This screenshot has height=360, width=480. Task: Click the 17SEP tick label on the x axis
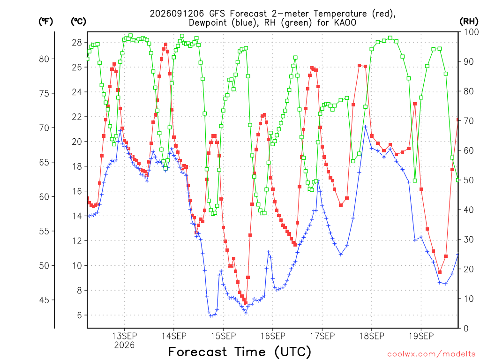pos(322,336)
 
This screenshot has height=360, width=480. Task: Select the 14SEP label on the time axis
pos(174,336)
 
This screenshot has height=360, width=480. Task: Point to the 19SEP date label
pos(421,336)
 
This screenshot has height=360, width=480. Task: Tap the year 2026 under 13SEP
pos(124,345)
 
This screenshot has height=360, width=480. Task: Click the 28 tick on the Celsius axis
pos(77,43)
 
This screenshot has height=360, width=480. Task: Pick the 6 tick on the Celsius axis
pos(80,315)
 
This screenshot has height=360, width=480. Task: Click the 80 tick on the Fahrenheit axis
pos(44,59)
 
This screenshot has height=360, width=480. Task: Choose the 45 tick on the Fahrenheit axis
pos(44,300)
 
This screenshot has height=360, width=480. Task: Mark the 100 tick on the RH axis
pos(471,32)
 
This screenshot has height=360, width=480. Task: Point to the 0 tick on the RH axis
pos(466,329)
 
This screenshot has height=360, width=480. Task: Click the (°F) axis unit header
pos(45,22)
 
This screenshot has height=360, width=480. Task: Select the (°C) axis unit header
pos(78,22)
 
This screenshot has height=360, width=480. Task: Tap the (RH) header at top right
pos(469,22)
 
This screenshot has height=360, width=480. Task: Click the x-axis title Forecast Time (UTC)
pos(240,352)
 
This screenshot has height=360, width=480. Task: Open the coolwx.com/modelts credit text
pos(431,354)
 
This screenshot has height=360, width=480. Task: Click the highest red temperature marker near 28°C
pos(165,45)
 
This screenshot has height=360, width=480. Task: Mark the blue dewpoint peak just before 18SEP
pos(365,127)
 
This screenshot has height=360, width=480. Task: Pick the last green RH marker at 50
pos(458,180)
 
